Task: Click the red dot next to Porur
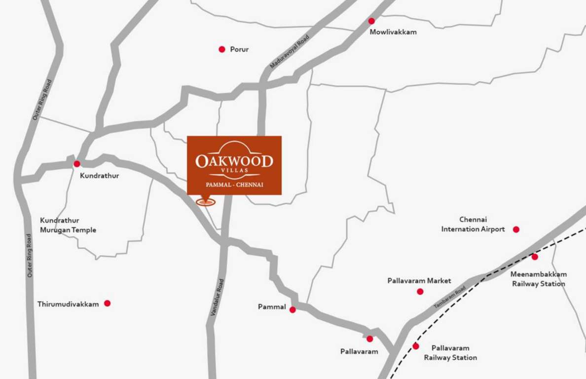(222, 49)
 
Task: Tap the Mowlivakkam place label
(393, 32)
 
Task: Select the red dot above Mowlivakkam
(371, 21)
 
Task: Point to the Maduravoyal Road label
(290, 51)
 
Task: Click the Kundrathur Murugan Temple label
(68, 225)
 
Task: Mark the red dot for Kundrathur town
(77, 164)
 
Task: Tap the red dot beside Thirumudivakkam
(107, 303)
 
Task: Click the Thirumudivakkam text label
(68, 304)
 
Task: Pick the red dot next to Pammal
(293, 310)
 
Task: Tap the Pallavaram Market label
(419, 281)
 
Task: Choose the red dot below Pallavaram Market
(420, 292)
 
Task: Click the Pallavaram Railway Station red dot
(416, 346)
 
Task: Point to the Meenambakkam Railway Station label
(539, 279)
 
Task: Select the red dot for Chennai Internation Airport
(516, 229)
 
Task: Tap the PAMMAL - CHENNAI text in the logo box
(234, 185)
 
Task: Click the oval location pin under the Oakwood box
(206, 201)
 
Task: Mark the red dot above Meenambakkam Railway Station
(535, 257)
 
